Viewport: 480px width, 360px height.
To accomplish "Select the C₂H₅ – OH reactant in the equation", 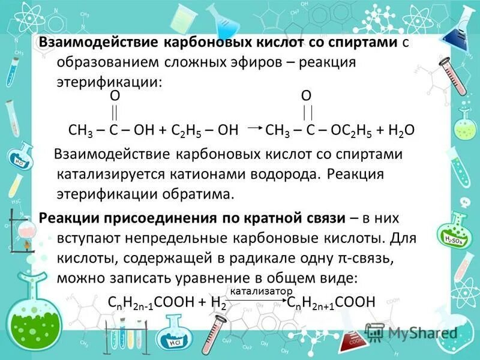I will click(x=204, y=130).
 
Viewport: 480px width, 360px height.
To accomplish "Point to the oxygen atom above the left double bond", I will click(x=114, y=96).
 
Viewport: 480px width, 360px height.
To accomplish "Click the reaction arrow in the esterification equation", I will click(x=253, y=128).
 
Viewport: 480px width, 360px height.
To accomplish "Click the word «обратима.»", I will click(x=196, y=195).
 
